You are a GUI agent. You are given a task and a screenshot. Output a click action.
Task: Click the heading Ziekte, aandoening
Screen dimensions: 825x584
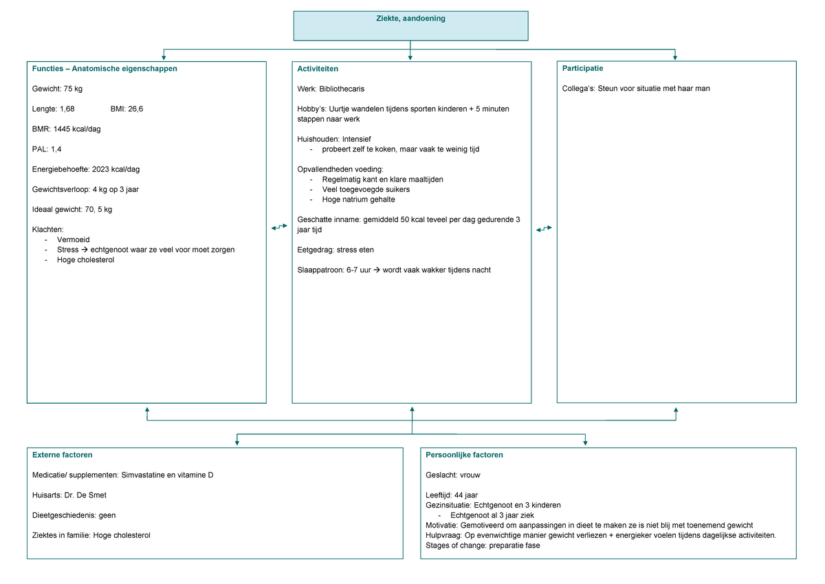(x=410, y=19)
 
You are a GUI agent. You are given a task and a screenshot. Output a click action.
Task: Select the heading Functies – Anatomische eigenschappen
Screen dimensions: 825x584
(x=104, y=69)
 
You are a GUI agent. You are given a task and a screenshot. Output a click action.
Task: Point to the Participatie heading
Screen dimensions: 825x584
(x=582, y=68)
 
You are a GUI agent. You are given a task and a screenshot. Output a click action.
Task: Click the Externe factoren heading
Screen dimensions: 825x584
(x=63, y=455)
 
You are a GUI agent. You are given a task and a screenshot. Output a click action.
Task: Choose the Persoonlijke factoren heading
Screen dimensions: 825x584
(x=464, y=455)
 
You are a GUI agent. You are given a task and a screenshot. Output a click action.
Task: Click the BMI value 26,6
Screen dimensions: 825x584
(x=135, y=109)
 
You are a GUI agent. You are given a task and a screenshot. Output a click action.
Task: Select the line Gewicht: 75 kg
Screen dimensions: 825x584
(x=57, y=89)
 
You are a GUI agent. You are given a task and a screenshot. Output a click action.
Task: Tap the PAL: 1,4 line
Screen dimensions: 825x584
(x=47, y=149)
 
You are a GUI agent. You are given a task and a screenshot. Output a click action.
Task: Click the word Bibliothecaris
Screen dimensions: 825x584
(x=342, y=89)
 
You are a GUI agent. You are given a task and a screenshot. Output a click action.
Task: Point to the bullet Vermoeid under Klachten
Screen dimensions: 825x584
(x=74, y=239)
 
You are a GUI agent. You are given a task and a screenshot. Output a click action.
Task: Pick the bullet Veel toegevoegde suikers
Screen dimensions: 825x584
(x=366, y=189)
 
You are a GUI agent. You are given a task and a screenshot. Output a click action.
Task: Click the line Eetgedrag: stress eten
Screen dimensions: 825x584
(x=335, y=250)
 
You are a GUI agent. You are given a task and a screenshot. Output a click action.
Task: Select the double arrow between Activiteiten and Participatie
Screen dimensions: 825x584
(x=544, y=228)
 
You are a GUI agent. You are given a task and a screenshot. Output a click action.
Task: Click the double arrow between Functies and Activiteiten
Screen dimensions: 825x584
(x=279, y=227)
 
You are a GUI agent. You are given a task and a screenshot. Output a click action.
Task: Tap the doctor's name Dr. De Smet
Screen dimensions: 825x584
(x=85, y=495)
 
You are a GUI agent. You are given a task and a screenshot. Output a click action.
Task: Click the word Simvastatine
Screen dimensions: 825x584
(x=143, y=475)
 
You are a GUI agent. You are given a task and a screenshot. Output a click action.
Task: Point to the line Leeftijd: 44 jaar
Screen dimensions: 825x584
(x=452, y=495)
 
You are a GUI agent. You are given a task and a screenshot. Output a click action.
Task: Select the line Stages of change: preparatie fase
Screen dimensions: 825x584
(x=483, y=545)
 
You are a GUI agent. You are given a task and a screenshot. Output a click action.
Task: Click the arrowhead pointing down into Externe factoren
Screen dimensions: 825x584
(x=236, y=442)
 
